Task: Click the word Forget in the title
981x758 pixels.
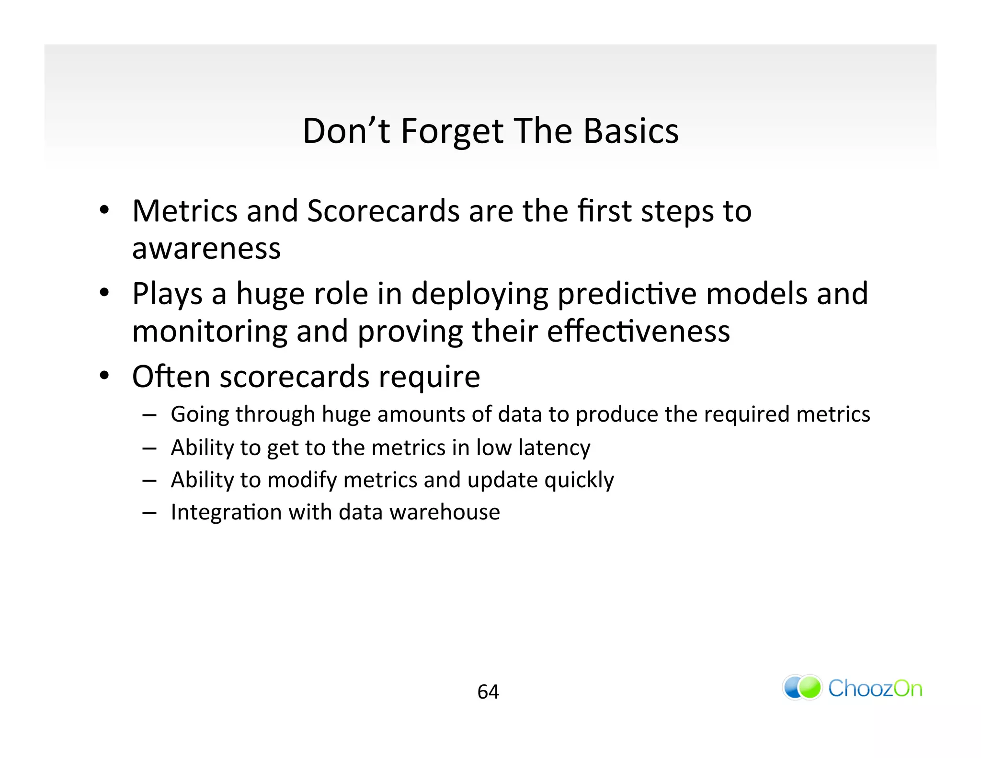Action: tap(452, 131)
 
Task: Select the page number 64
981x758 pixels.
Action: tap(488, 692)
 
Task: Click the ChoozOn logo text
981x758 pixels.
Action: tap(875, 689)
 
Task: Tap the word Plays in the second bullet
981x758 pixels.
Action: tap(167, 294)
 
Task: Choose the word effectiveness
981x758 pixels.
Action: tap(638, 331)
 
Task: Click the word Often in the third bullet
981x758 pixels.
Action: tap(171, 377)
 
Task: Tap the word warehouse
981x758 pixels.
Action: tap(445, 512)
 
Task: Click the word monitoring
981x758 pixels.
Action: tap(209, 331)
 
